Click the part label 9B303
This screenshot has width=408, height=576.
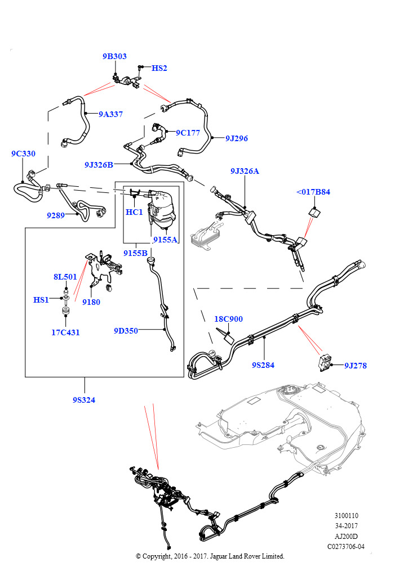tap(114, 56)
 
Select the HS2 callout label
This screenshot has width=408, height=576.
tap(159, 68)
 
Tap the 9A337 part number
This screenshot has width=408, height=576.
tap(111, 114)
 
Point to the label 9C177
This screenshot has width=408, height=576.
tap(188, 133)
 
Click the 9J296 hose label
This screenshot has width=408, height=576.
tap(237, 138)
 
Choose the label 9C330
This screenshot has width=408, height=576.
tap(23, 154)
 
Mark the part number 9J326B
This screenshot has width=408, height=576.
tap(99, 165)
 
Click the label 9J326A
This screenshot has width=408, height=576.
tap(245, 171)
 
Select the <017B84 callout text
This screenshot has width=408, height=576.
tap(313, 192)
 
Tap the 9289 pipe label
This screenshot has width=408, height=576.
tap(56, 215)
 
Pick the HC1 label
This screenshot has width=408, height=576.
tap(134, 212)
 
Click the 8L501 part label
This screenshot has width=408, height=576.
tap(65, 277)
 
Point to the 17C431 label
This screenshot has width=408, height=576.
tap(65, 332)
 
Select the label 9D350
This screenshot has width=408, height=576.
tap(126, 331)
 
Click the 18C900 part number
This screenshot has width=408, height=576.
tap(228, 319)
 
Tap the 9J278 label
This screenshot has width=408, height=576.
tap(356, 366)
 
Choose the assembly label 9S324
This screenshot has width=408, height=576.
tap(84, 400)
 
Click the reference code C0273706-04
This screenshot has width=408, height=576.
tap(346, 547)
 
